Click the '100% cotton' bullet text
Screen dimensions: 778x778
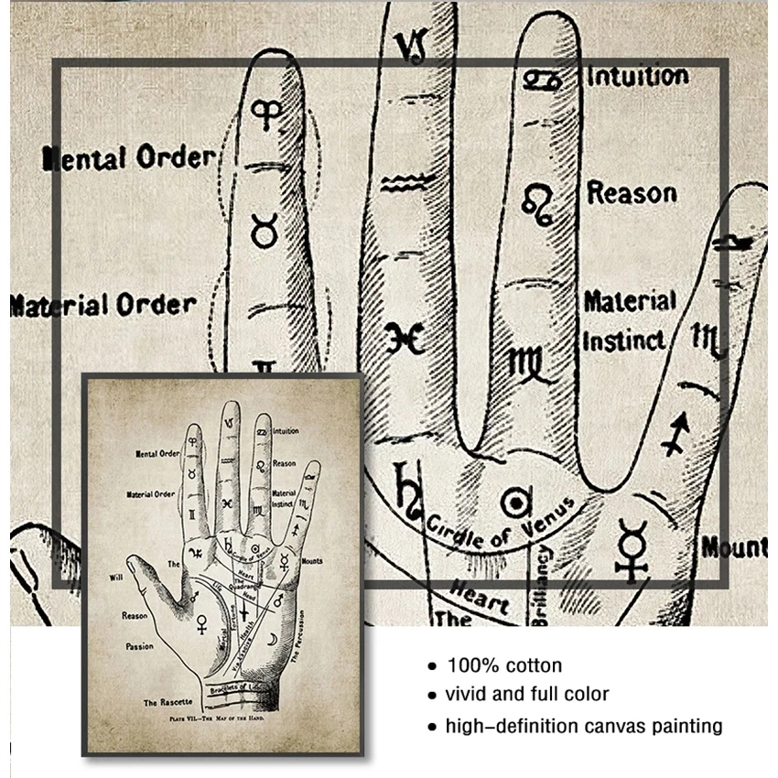click(503, 665)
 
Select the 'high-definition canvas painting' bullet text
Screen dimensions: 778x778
click(584, 727)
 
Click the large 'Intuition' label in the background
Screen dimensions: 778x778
click(637, 75)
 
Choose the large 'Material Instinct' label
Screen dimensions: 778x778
click(630, 320)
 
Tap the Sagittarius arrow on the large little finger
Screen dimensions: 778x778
click(675, 433)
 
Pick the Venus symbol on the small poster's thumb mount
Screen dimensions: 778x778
click(202, 624)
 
